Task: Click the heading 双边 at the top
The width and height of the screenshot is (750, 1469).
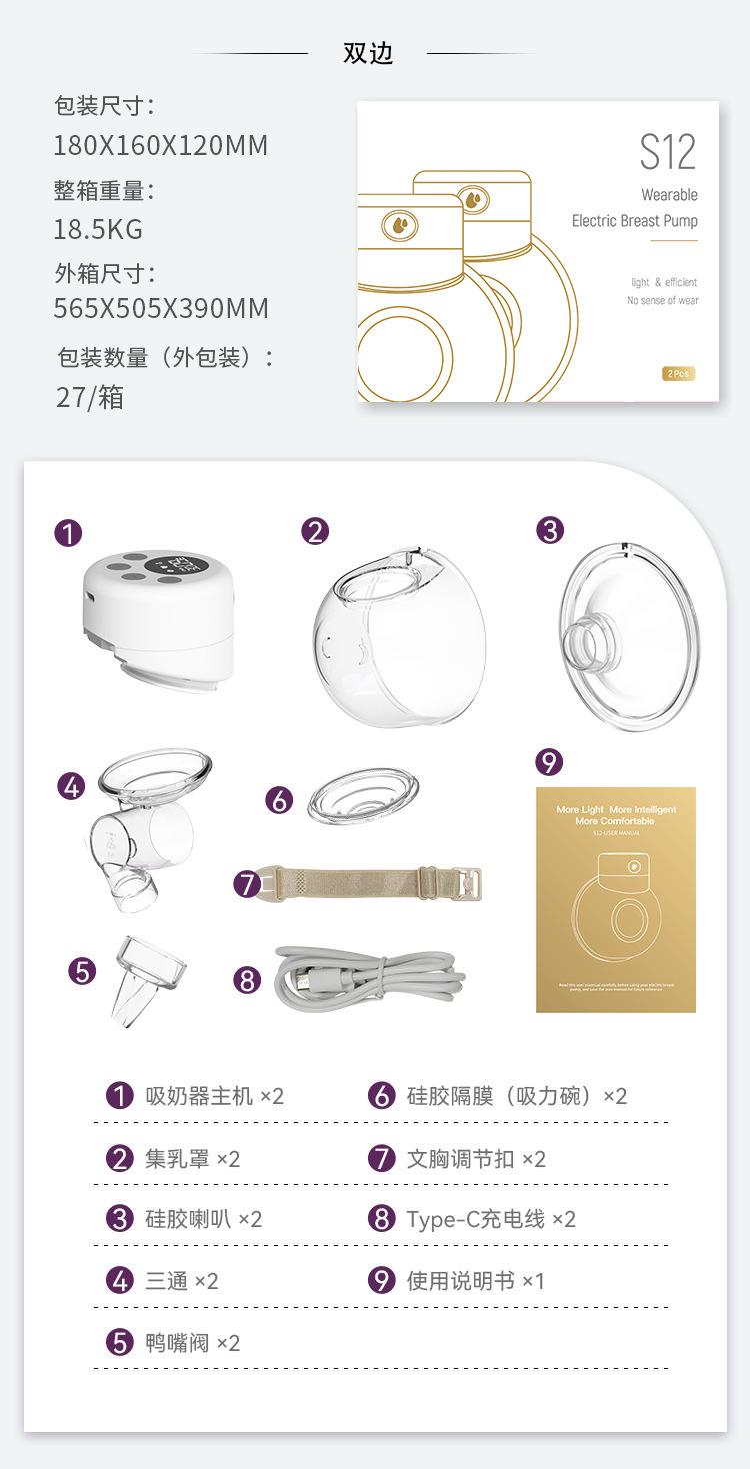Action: (x=368, y=54)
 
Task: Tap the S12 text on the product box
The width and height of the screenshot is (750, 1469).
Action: (x=667, y=151)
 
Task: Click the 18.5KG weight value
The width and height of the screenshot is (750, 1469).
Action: (x=98, y=229)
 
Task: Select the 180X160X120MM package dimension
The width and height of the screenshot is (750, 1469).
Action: (x=160, y=146)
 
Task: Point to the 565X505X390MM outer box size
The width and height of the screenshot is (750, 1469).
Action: (x=160, y=308)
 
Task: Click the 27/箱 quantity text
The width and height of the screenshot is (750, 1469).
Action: (x=90, y=398)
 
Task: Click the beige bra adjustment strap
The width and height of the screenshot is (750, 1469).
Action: (x=370, y=882)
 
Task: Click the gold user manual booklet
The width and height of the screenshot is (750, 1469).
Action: (x=615, y=899)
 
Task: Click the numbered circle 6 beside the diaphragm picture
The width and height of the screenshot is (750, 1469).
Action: (x=279, y=799)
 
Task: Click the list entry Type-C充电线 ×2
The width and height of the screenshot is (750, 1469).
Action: (x=490, y=1219)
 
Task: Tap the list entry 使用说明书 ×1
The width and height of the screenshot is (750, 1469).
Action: (x=475, y=1280)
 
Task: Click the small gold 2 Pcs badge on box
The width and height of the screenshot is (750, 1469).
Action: (x=677, y=373)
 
